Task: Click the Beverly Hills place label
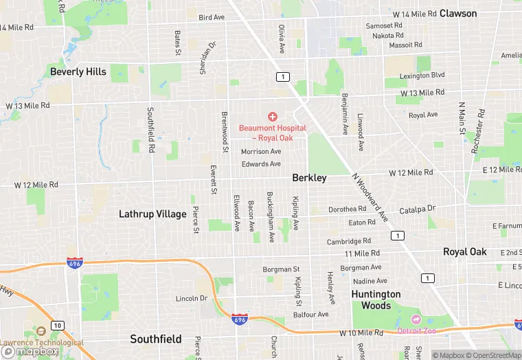tap(78, 71)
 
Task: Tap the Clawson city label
tap(458, 13)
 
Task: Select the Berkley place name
tap(309, 177)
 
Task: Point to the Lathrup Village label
tap(152, 214)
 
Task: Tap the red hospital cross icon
tap(273, 117)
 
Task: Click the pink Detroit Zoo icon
tap(415, 319)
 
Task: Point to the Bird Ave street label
tap(212, 17)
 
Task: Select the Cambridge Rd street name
tap(349, 241)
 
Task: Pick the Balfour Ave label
tap(311, 315)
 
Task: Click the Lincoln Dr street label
tap(192, 298)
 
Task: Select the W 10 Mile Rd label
tap(361, 333)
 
